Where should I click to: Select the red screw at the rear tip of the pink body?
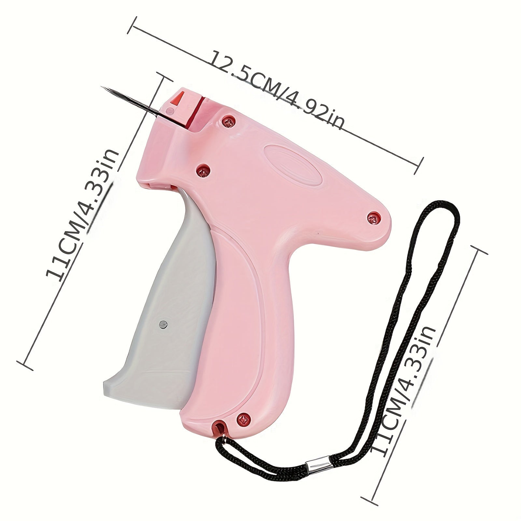click(373, 218)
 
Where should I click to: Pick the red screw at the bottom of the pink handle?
click(244, 418)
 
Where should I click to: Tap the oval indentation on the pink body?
click(293, 163)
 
